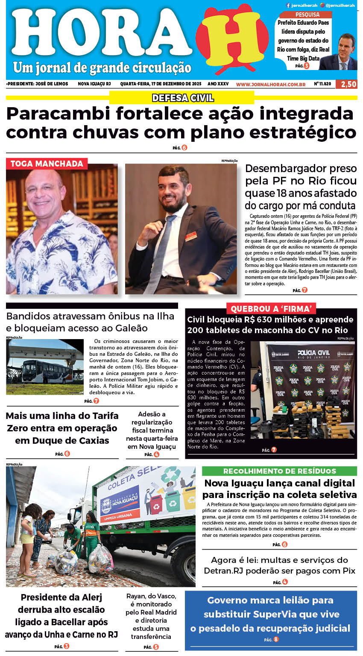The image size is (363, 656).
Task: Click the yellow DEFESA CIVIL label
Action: coord(183,98)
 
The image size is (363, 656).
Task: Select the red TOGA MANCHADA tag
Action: coord(47,164)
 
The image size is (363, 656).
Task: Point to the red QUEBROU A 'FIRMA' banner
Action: coord(271,309)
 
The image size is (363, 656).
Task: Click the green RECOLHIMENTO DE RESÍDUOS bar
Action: coord(279,471)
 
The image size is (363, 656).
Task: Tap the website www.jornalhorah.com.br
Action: coord(270,85)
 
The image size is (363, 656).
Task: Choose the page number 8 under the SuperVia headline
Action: coord(276,639)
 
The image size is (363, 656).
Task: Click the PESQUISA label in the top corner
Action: coord(307,15)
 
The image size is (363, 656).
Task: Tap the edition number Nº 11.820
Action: coord(322,84)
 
